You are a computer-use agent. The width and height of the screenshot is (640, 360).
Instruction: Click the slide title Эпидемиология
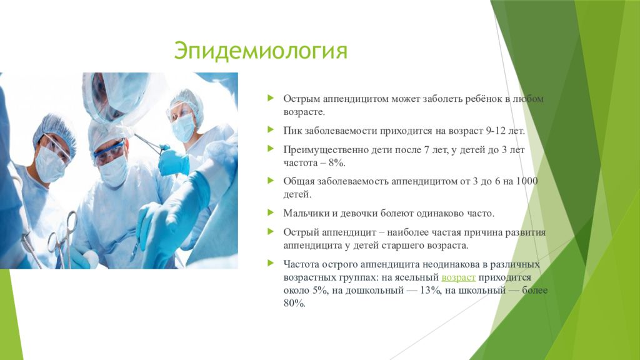coord(261,51)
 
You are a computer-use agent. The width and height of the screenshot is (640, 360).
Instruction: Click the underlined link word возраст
coord(458,277)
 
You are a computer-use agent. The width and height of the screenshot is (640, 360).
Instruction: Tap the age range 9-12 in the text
coord(496,131)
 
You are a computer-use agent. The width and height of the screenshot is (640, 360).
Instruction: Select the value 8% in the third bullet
coord(337,163)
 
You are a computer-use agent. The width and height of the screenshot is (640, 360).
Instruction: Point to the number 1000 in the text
coord(527,181)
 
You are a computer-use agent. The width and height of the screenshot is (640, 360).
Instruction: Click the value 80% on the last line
coord(294,304)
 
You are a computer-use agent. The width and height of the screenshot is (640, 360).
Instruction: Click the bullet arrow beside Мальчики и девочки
coord(271,212)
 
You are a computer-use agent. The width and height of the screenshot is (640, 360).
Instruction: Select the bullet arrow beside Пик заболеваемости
coord(271,130)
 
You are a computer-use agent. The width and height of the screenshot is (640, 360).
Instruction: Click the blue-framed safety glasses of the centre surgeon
coord(109,152)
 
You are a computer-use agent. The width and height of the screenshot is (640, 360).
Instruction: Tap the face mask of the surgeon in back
coord(183,127)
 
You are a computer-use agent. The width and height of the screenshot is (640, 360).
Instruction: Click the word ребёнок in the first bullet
coord(481,99)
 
